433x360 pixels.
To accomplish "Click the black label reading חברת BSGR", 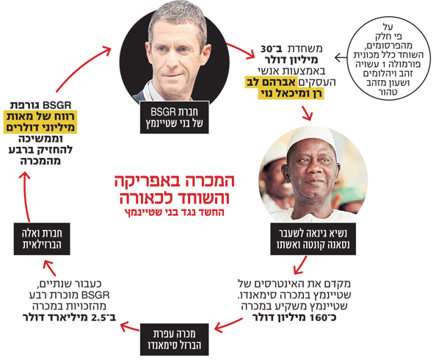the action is pyautogui.click(x=174, y=118).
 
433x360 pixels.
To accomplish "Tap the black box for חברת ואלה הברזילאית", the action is pyautogui.click(x=42, y=239).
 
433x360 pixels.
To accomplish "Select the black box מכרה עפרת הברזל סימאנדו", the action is pyautogui.click(x=174, y=339).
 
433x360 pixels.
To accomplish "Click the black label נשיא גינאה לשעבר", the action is pyautogui.click(x=313, y=239).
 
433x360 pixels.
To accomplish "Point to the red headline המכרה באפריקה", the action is pyautogui.click(x=175, y=181).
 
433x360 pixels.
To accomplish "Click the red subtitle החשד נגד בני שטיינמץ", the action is pyautogui.click(x=174, y=212).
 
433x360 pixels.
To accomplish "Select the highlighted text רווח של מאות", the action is pyautogui.click(x=40, y=116).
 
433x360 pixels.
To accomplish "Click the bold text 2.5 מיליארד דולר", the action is pyautogui.click(x=69, y=317).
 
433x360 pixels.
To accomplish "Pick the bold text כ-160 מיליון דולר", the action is pyautogui.click(x=294, y=317).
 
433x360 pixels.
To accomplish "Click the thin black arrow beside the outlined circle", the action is pyautogui.click(x=341, y=58).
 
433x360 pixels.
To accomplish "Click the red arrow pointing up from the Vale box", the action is pyautogui.click(x=26, y=197).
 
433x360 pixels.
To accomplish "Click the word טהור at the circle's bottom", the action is pyautogui.click(x=388, y=92).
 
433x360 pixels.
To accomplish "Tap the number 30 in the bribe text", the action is pyautogui.click(x=267, y=49).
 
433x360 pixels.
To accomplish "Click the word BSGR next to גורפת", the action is pyautogui.click(x=57, y=105).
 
